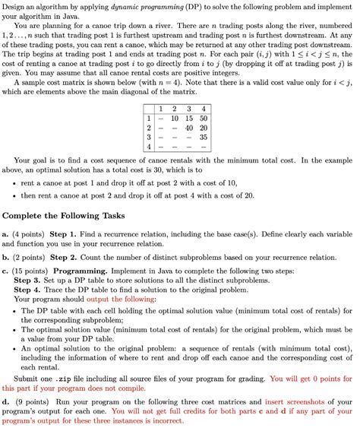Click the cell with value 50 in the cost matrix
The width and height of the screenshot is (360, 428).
coord(204,119)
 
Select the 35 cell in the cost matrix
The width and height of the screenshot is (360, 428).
coord(204,137)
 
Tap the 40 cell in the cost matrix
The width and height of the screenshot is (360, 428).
coord(188,128)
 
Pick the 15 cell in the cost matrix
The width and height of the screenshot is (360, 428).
coord(188,119)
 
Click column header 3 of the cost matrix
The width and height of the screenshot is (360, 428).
coord(188,109)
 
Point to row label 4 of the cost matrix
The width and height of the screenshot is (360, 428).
coord(150,146)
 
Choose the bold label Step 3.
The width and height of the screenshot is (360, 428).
coord(31,280)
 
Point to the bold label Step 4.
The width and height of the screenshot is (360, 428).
coord(31,289)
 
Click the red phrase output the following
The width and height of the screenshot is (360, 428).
coord(125,299)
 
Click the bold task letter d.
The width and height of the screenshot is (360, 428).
coord(6,401)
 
